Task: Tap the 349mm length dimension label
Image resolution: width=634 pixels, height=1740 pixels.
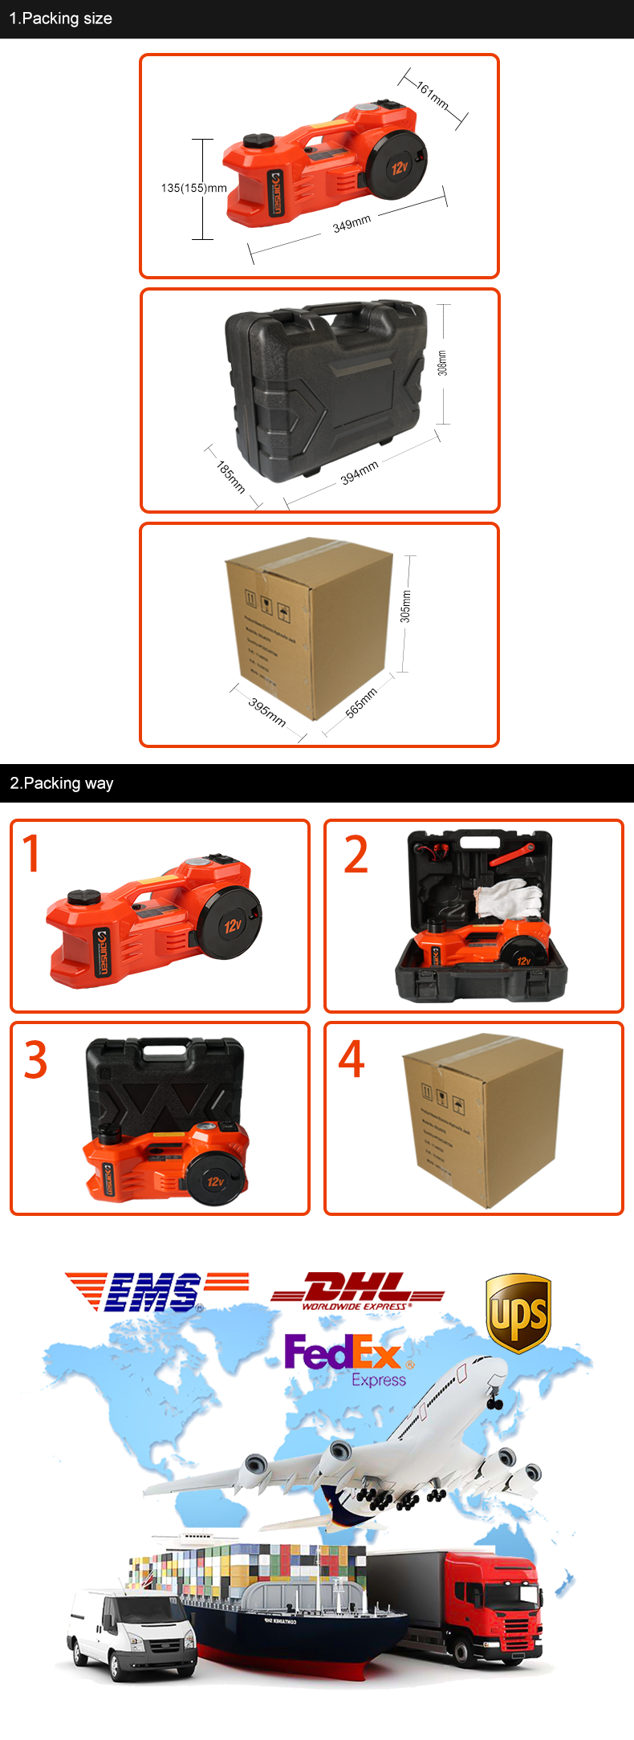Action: [352, 224]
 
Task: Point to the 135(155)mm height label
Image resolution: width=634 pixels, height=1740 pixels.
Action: [193, 188]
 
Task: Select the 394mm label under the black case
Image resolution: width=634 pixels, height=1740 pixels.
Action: [359, 473]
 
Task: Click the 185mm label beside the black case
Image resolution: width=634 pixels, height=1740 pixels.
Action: [230, 476]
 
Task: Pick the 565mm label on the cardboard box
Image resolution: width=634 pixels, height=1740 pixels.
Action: [361, 703]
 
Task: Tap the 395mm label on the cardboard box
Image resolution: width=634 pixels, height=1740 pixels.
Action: [266, 712]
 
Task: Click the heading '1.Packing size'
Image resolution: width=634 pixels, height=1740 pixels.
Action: [60, 18]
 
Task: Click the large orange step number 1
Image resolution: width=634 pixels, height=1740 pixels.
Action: [31, 853]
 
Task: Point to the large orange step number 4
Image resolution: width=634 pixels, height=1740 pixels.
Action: [352, 1059]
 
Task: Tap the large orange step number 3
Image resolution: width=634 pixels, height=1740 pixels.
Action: [35, 1060]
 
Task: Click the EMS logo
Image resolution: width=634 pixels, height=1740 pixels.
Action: [152, 1291]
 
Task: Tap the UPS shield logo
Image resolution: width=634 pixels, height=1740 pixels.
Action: [518, 1313]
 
